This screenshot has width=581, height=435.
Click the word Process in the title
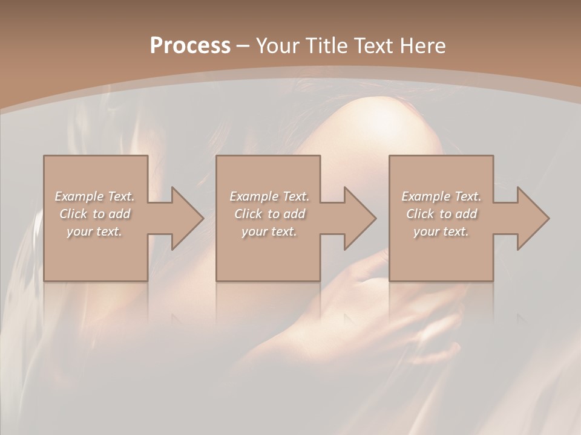190,46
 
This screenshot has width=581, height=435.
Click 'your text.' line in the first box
94,231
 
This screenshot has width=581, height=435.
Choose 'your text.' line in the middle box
269,231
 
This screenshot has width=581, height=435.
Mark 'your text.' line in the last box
441,231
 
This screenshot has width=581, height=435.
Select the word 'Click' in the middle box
248,214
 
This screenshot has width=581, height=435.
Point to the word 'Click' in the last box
420,214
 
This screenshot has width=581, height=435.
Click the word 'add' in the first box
120,214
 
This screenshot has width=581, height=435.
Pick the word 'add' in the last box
467,214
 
